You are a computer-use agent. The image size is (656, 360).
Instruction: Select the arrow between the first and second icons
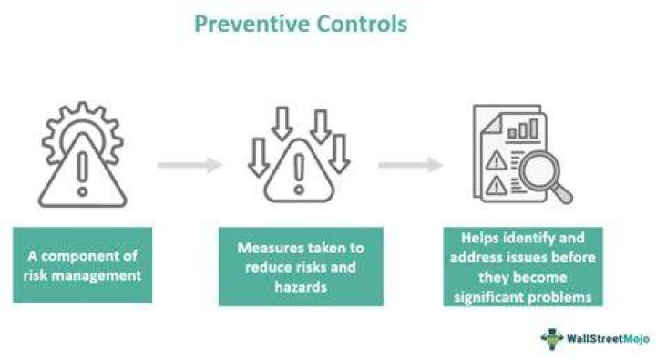tap(190, 165)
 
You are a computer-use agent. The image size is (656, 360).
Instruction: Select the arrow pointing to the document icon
tap(410, 165)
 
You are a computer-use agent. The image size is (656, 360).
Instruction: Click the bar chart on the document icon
tap(523, 129)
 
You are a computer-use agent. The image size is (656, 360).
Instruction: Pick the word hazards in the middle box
tap(301, 287)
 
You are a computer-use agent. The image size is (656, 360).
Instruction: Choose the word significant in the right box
tap(488, 298)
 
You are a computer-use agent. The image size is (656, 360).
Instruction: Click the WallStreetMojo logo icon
tap(552, 338)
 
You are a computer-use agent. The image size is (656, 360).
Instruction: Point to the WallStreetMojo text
tap(608, 338)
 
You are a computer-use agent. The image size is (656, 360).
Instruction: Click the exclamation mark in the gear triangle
tap(82, 173)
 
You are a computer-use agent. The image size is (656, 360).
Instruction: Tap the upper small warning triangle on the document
tap(497, 161)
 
